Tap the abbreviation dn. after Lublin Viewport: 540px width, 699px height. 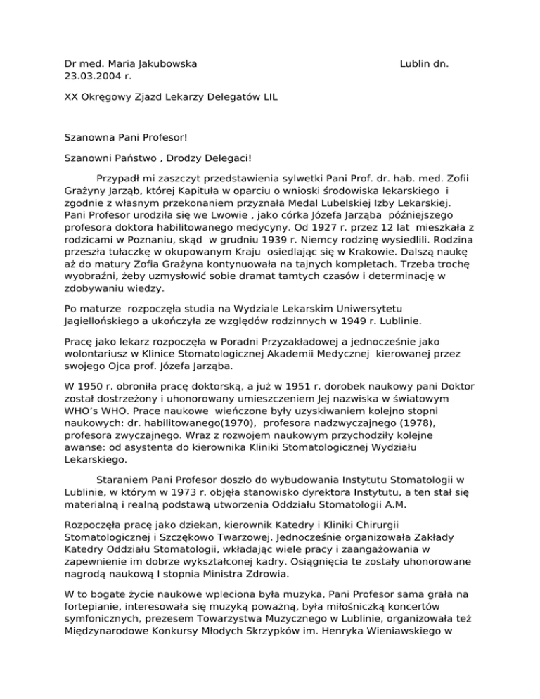point(442,64)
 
